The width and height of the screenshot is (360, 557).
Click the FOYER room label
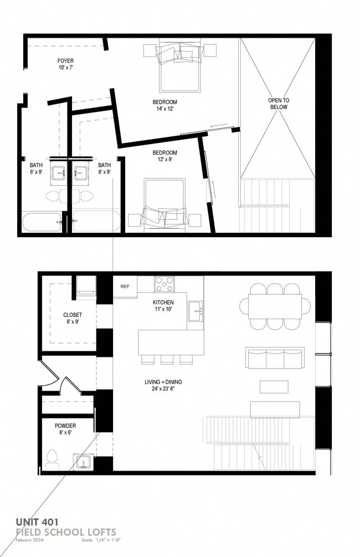(x=65, y=61)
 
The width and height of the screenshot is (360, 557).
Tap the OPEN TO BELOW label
(x=279, y=104)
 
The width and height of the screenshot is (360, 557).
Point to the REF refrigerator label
(x=125, y=287)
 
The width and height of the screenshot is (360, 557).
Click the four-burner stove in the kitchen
(x=164, y=284)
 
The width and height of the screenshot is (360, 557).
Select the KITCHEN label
(x=163, y=302)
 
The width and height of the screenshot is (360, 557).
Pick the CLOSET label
(x=73, y=315)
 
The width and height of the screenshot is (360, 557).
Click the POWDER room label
(x=65, y=426)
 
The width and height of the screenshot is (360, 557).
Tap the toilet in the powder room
(x=52, y=459)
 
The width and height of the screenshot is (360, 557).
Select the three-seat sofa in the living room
(x=275, y=358)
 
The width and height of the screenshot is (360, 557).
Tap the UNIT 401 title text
(x=37, y=522)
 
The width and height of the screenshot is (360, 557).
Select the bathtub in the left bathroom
(x=42, y=222)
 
